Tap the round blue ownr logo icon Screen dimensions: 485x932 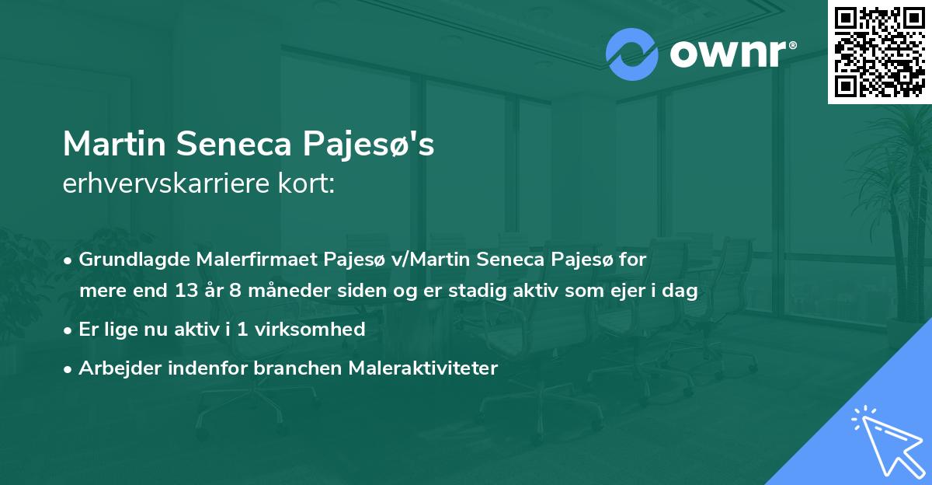(631, 54)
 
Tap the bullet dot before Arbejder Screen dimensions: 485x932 (69, 368)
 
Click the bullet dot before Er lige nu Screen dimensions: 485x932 (69, 330)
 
